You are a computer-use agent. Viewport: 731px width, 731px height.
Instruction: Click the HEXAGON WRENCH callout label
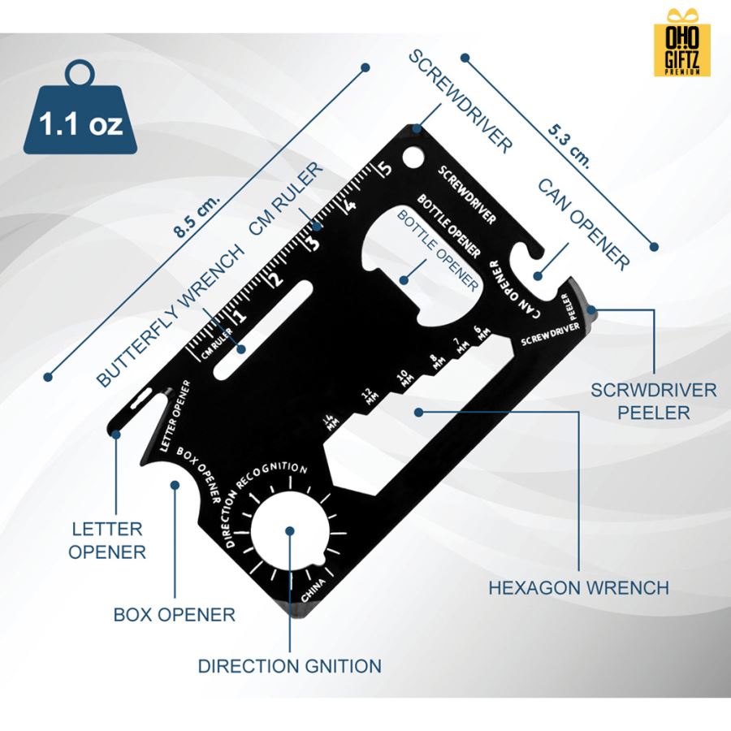[578, 587]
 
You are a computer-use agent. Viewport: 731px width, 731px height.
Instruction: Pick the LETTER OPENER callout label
[106, 540]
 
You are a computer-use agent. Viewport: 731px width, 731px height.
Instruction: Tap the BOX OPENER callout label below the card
[175, 614]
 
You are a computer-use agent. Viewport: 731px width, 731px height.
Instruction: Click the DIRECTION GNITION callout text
[290, 666]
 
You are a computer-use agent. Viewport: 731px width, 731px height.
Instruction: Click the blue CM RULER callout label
[286, 200]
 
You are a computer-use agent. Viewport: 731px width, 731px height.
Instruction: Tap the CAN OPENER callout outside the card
[583, 224]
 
